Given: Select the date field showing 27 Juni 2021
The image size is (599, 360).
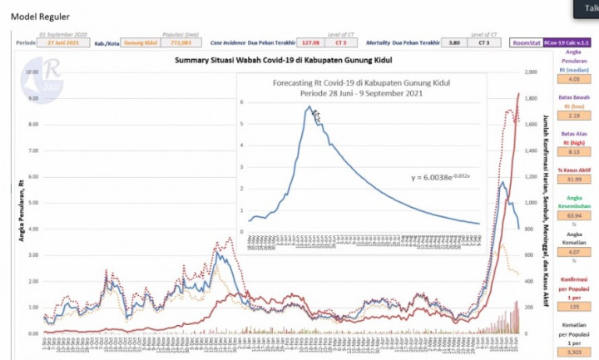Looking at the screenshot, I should click(64, 42).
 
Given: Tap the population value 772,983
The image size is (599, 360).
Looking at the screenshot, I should click(182, 42).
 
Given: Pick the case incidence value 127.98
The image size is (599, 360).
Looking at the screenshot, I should click(311, 42).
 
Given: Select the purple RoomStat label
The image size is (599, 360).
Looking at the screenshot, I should click(526, 42).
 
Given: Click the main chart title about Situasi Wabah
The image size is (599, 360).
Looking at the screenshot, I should click(283, 61).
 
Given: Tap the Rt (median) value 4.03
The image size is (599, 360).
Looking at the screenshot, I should click(573, 103).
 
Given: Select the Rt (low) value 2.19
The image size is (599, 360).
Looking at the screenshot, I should click(573, 140).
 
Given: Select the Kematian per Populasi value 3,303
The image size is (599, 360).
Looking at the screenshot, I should click(573, 353).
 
